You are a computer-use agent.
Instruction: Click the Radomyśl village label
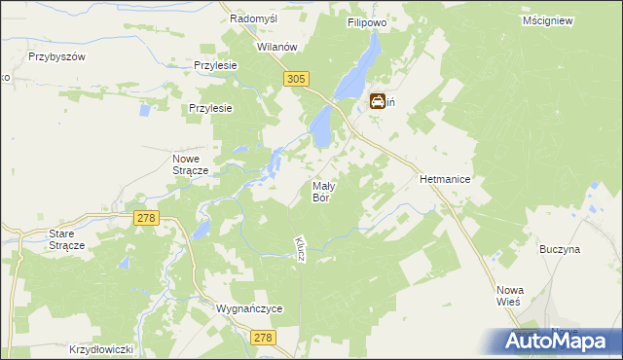[256, 18]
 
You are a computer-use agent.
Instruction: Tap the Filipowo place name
[368, 19]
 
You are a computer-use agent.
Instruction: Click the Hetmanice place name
[445, 180]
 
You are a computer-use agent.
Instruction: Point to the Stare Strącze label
[67, 239]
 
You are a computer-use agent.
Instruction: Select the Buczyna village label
[560, 249]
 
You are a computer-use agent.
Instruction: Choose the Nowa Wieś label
[511, 295]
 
